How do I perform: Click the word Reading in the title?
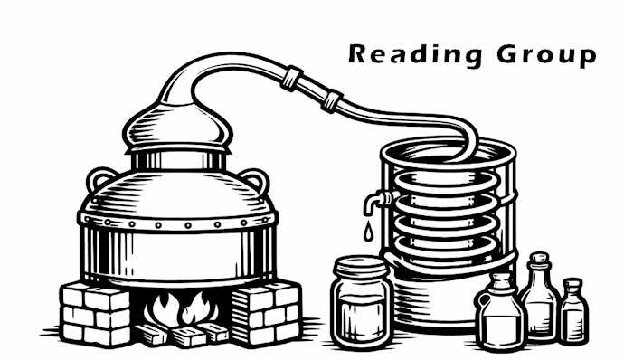pyautogui.click(x=415, y=54)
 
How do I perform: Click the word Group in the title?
pyautogui.click(x=546, y=55)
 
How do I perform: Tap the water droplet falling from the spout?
pyautogui.click(x=368, y=232)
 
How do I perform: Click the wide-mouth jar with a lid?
pyautogui.click(x=362, y=303)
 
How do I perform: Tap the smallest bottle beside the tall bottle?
pyautogui.click(x=573, y=311)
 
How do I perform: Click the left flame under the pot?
pyautogui.click(x=161, y=309)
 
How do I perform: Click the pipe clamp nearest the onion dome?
pyautogui.click(x=292, y=78)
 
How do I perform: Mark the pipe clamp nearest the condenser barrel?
pyautogui.click(x=332, y=101)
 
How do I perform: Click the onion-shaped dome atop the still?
pyautogui.click(x=177, y=127)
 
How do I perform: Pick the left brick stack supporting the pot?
pyautogui.click(x=96, y=313)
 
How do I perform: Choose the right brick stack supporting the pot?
pyautogui.click(x=266, y=313)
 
